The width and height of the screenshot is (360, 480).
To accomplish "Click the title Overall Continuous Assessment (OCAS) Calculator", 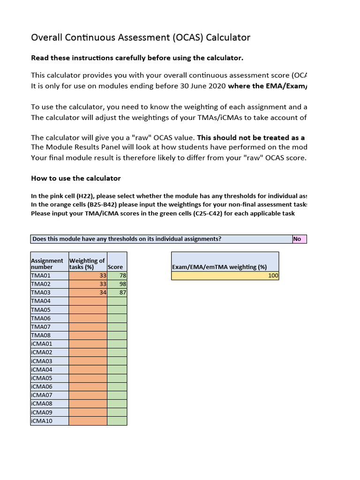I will coord(141,37).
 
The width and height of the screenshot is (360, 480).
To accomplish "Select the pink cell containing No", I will coord(299,239).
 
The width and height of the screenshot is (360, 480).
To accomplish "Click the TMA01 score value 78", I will coord(117,276).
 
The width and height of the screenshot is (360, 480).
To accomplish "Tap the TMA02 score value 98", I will coord(117,284).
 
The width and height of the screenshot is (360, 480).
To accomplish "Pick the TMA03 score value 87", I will coord(117,292).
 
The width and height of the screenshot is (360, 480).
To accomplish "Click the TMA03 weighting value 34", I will coord(88,292).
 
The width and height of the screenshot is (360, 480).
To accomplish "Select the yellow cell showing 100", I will coord(225,276).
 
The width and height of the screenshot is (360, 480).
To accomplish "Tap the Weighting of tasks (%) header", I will coord(88,263).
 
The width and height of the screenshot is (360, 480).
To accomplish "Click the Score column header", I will coord(116,267).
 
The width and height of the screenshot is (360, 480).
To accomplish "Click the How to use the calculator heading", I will coord(76,178).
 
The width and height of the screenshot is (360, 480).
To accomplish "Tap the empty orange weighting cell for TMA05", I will coord(88,310).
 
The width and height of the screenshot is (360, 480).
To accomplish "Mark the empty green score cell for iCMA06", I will coord(117,387).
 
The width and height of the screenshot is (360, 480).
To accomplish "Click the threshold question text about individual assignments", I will coord(127,239).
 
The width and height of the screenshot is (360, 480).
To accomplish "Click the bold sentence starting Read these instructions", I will coord(137,58).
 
